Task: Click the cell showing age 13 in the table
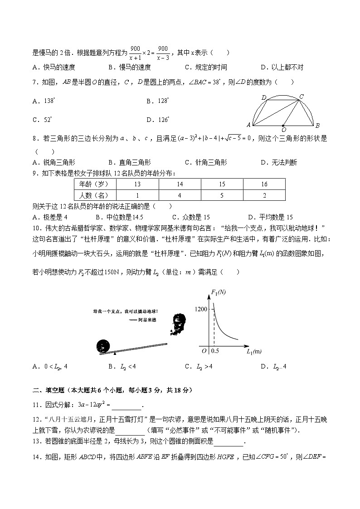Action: tap(137, 184)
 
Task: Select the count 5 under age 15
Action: tap(222, 195)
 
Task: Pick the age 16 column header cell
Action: tap(264, 184)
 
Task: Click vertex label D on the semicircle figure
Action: tap(263, 97)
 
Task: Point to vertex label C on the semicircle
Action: tap(302, 96)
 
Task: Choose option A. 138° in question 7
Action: tap(44, 101)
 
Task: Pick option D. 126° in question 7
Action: tap(158, 120)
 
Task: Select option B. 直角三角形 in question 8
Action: tap(130, 163)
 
